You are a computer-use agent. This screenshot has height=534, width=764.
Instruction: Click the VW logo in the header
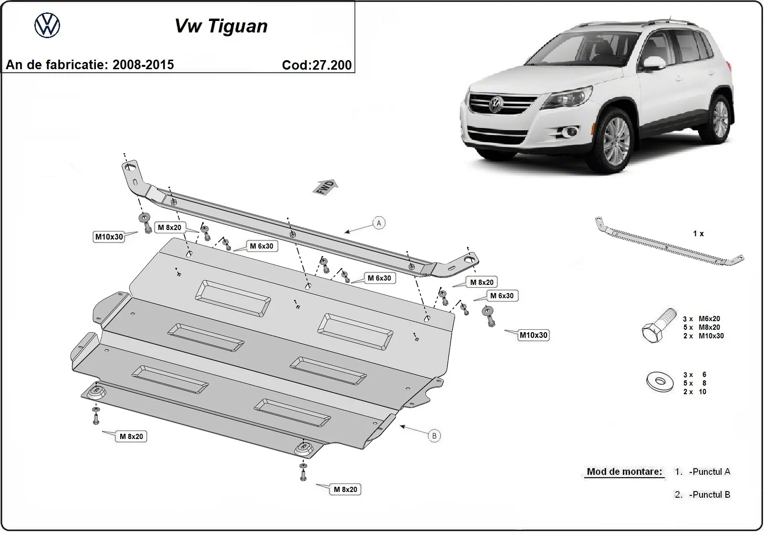coord(47,25)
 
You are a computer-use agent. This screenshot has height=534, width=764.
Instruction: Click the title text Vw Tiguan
coord(221,26)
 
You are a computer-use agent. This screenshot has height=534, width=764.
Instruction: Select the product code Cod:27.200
coord(317,65)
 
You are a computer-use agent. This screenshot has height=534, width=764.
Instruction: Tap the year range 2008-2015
coord(143,65)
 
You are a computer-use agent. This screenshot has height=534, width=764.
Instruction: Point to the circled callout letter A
coord(379,223)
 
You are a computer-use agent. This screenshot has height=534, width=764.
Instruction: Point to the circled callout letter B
coord(434,436)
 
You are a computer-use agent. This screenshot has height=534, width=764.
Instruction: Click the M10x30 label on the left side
coord(109,237)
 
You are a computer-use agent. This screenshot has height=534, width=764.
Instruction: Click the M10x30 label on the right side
coord(534,335)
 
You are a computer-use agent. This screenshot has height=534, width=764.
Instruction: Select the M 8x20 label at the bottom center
coord(345,489)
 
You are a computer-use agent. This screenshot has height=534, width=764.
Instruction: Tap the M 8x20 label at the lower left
coord(131,436)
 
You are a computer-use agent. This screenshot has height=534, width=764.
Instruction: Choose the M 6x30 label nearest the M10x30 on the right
coord(502,296)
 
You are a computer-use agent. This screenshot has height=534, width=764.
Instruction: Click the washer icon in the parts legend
coord(660,382)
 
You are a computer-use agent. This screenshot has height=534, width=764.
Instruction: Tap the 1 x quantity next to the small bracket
coord(698,234)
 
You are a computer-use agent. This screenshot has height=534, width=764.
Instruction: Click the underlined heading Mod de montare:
coord(624,472)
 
